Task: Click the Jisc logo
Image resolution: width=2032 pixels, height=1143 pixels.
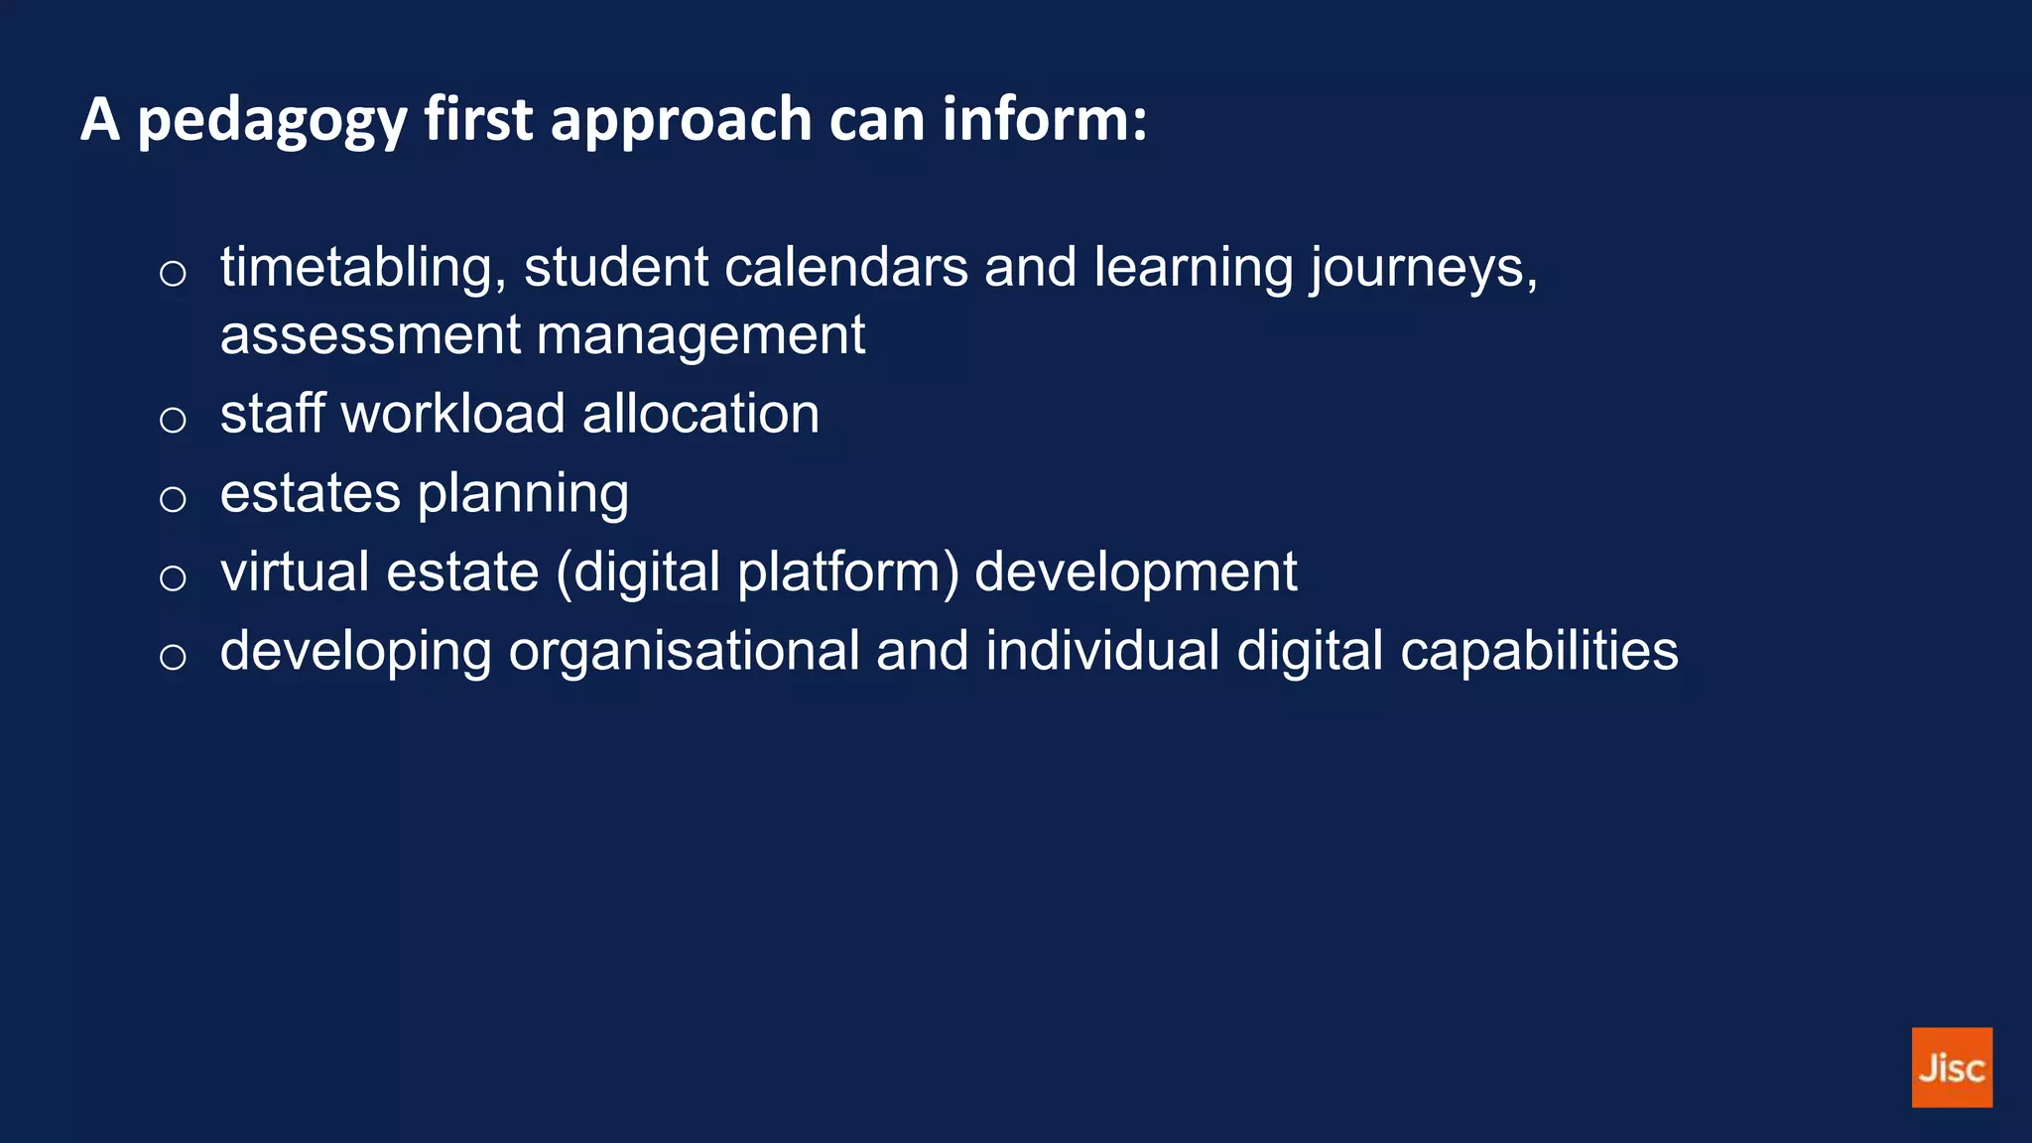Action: click(1951, 1067)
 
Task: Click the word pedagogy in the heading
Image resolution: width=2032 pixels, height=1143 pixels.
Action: click(272, 121)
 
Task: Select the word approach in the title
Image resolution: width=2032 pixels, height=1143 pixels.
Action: click(681, 121)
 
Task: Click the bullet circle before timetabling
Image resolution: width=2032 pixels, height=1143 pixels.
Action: click(173, 273)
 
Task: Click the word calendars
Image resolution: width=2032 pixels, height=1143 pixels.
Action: click(845, 268)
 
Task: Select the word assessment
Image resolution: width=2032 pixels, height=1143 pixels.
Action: click(370, 335)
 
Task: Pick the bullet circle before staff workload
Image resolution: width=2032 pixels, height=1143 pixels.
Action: click(173, 420)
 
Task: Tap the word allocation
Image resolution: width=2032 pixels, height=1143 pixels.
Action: click(700, 414)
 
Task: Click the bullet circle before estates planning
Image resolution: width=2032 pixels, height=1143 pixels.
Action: click(173, 499)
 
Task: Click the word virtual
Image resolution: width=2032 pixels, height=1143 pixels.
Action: click(295, 572)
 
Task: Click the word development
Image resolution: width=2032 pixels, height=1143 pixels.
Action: click(1135, 573)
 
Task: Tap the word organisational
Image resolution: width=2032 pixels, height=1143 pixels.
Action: click(684, 652)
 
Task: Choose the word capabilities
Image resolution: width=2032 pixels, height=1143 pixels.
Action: click(1539, 653)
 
